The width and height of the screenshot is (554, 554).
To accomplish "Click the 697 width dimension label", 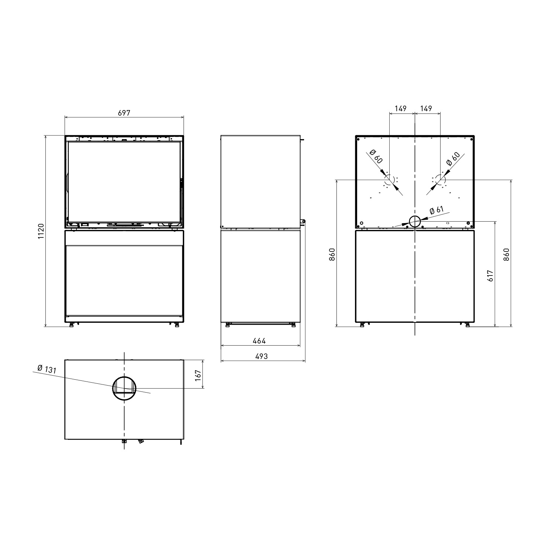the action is tap(124, 113).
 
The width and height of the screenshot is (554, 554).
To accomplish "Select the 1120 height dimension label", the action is tap(41, 231).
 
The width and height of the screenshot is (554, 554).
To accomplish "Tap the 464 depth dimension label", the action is tap(259, 341).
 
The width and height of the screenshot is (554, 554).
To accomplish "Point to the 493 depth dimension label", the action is tap(261, 356).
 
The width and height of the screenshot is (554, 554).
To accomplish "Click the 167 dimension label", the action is tap(198, 375).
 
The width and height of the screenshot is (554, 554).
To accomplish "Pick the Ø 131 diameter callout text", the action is tap(47, 369).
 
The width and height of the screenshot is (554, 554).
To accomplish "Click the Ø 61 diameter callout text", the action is tap(437, 211).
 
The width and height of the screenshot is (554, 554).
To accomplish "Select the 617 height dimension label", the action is tap(490, 276).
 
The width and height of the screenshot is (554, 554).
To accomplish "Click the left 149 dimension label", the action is tap(400, 109).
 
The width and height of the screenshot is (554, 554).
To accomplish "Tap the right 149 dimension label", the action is tap(426, 109).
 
